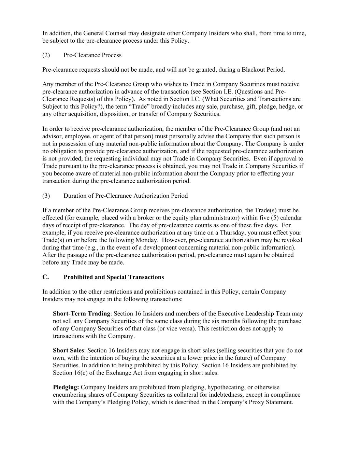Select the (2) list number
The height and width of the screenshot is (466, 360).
pyautogui.click(x=46, y=55)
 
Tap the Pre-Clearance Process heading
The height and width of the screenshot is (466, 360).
pyautogui.click(x=92, y=55)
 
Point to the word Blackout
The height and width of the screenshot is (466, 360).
pyautogui.click(x=253, y=70)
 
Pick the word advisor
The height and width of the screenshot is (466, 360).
pyautogui.click(x=52, y=137)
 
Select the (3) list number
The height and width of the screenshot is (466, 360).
pyautogui.click(x=46, y=196)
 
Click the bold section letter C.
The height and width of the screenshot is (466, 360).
pyautogui.click(x=45, y=277)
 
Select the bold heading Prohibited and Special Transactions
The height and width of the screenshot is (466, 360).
pyautogui.click(x=114, y=277)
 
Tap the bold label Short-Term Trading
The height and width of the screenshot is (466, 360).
pyautogui.click(x=82, y=314)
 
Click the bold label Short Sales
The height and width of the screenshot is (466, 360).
pyautogui.click(x=68, y=351)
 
